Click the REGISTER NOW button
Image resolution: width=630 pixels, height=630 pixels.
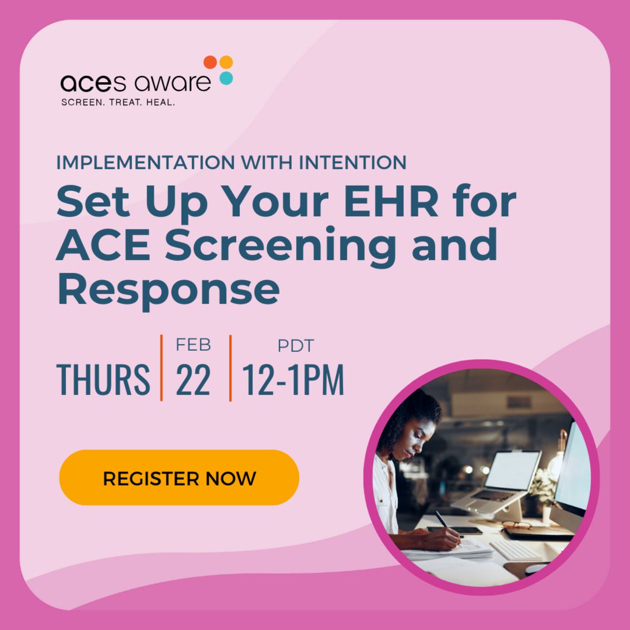click(179, 478)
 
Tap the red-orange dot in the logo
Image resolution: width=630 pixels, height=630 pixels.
click(210, 62)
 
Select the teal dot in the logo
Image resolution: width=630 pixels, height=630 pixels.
click(226, 78)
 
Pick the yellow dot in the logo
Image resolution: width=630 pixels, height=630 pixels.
click(226, 62)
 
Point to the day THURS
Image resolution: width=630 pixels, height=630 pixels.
click(103, 379)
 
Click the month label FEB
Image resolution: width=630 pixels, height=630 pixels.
click(193, 345)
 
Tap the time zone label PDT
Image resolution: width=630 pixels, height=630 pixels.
click(295, 346)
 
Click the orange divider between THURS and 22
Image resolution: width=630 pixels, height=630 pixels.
click(161, 367)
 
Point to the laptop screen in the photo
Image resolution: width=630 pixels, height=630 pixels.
click(512, 470)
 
